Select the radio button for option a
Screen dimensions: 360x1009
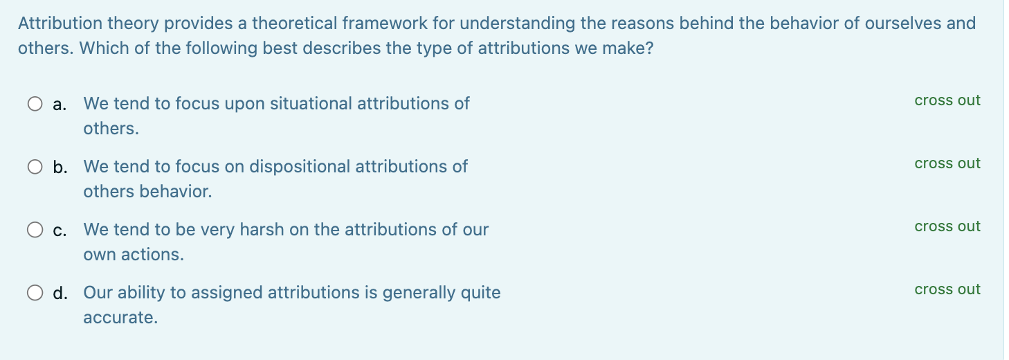pos(35,104)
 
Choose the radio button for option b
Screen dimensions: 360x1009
pos(35,167)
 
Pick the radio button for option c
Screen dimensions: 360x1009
pos(35,230)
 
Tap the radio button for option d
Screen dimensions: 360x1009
pos(35,293)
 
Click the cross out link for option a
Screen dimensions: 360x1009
pos(947,100)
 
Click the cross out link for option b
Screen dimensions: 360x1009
pos(947,163)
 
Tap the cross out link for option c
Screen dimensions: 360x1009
pos(947,226)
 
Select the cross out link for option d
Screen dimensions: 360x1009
pos(947,289)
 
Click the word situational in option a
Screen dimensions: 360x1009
pos(311,104)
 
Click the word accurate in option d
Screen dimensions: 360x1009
pos(120,318)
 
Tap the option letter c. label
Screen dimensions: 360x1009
pos(60,231)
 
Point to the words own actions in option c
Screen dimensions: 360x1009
pos(134,255)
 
